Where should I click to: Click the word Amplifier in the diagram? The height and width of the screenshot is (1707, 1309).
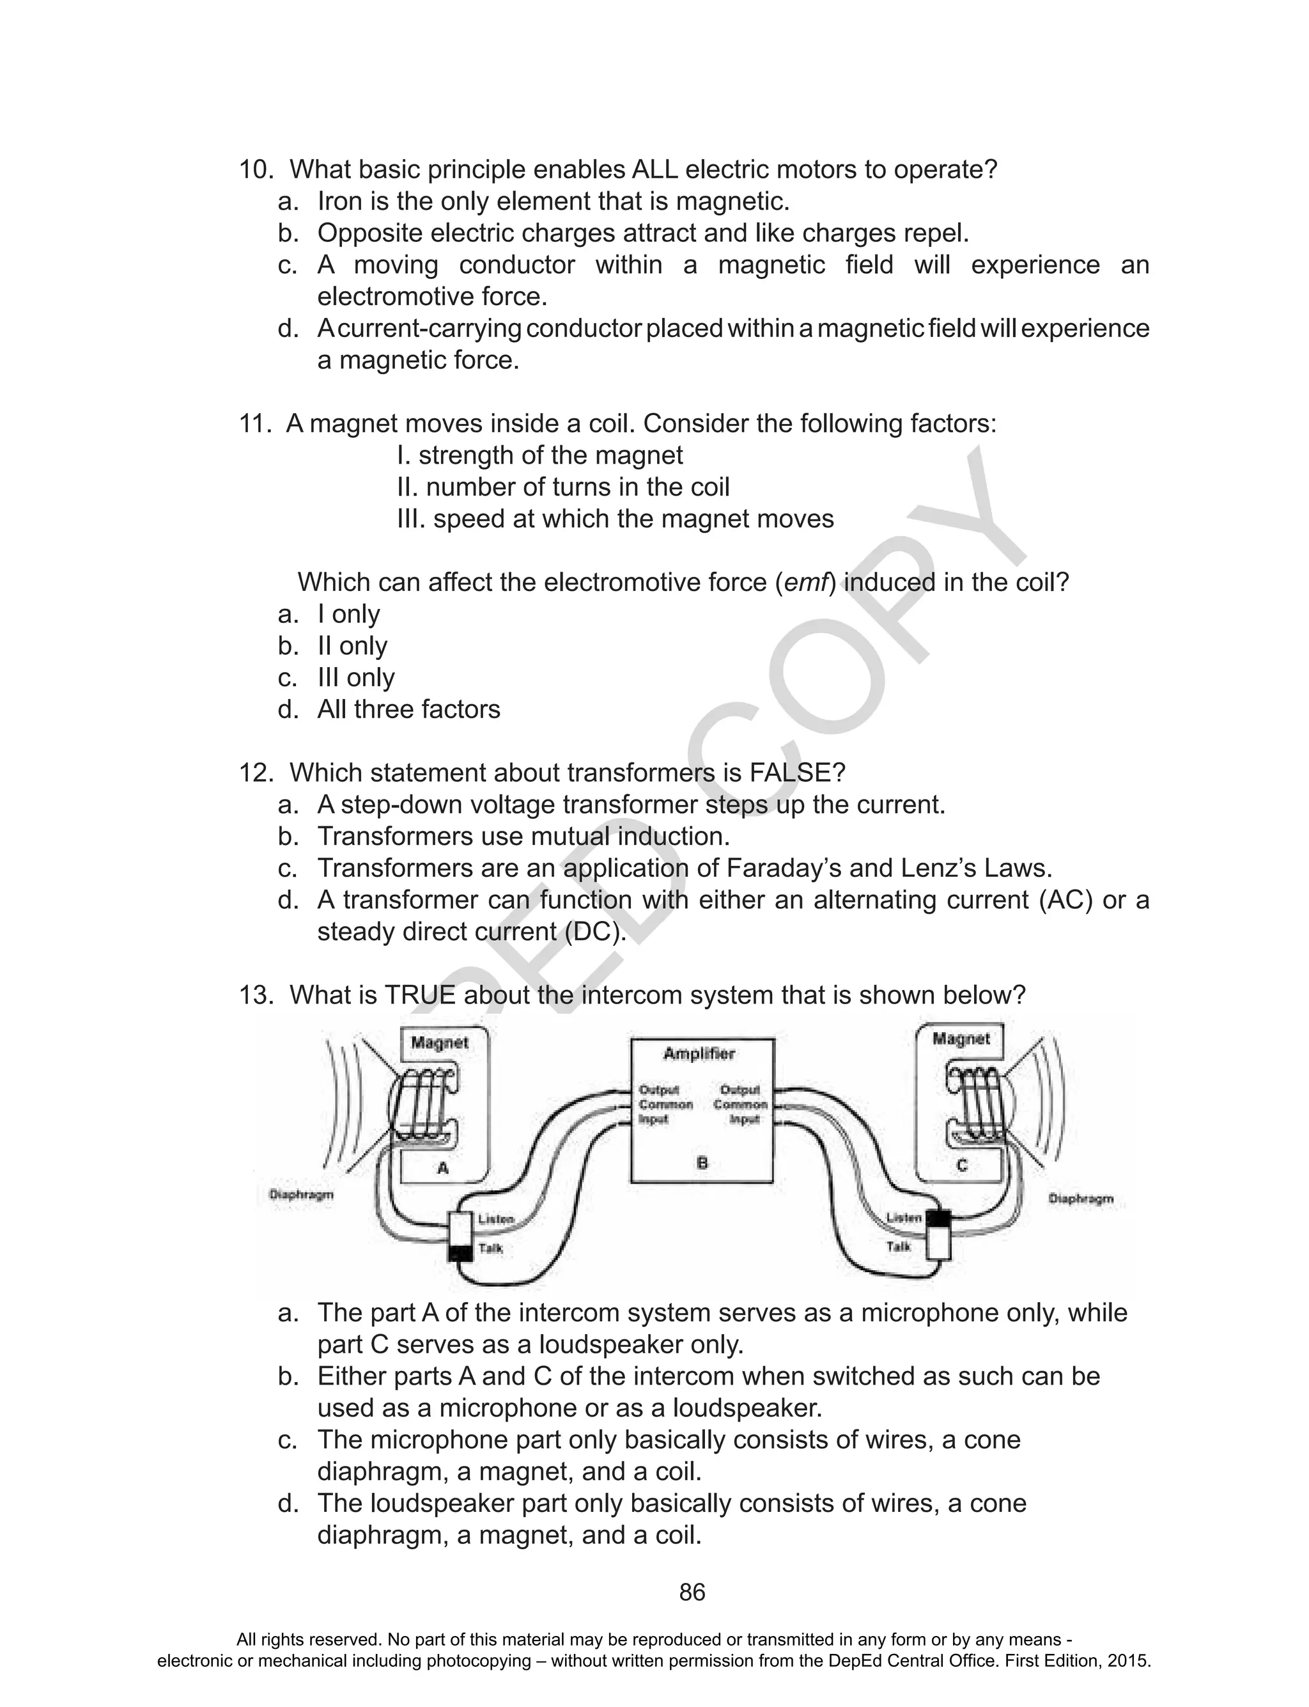[x=699, y=1054]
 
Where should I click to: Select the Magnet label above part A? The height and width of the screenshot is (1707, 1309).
[x=440, y=1043]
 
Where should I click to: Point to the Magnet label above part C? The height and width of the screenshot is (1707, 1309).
[x=961, y=1039]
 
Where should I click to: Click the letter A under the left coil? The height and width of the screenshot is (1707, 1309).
[x=442, y=1168]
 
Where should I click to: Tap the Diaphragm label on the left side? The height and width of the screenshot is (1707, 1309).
[x=302, y=1194]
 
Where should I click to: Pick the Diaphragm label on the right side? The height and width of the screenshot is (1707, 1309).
[x=1081, y=1198]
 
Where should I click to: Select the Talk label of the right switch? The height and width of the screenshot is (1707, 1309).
[x=899, y=1247]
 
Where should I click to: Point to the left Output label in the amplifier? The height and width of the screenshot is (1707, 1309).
[x=659, y=1090]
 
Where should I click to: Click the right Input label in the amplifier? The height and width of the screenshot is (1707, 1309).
[x=745, y=1119]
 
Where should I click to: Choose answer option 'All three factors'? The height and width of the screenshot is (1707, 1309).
[x=408, y=709]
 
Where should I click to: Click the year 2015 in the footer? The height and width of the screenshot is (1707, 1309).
[x=1131, y=1660]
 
